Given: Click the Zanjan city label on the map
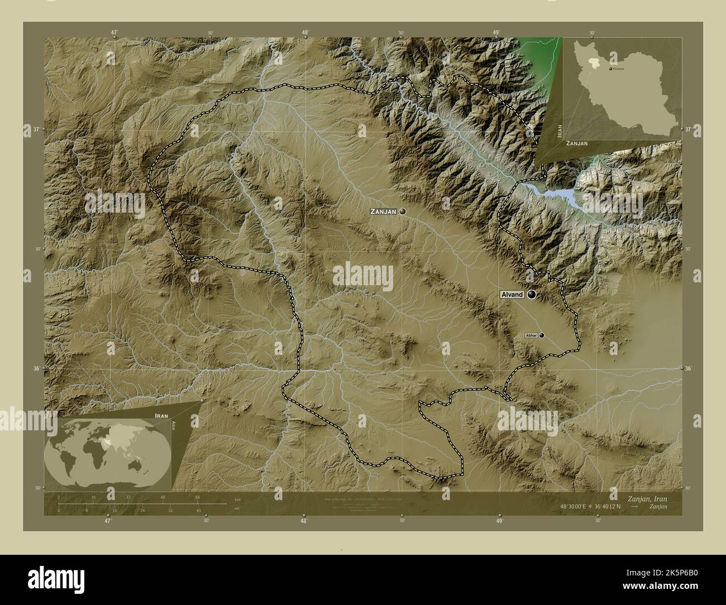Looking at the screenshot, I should pos(383,212).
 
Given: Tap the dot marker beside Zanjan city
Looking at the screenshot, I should pos(402,212).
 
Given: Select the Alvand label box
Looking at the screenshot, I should pos(511,295).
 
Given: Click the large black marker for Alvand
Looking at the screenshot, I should pos(531,294).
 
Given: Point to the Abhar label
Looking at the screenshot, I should pos(531,335).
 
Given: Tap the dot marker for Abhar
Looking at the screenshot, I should pos(541,335).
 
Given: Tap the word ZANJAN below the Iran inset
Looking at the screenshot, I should pos(576,143).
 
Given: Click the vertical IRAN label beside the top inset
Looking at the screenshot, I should pos(559,131).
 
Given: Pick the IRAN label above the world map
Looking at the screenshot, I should pos(161,416).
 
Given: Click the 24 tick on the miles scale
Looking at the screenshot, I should pos(143,510).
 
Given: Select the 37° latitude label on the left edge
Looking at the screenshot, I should pos(35,129).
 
